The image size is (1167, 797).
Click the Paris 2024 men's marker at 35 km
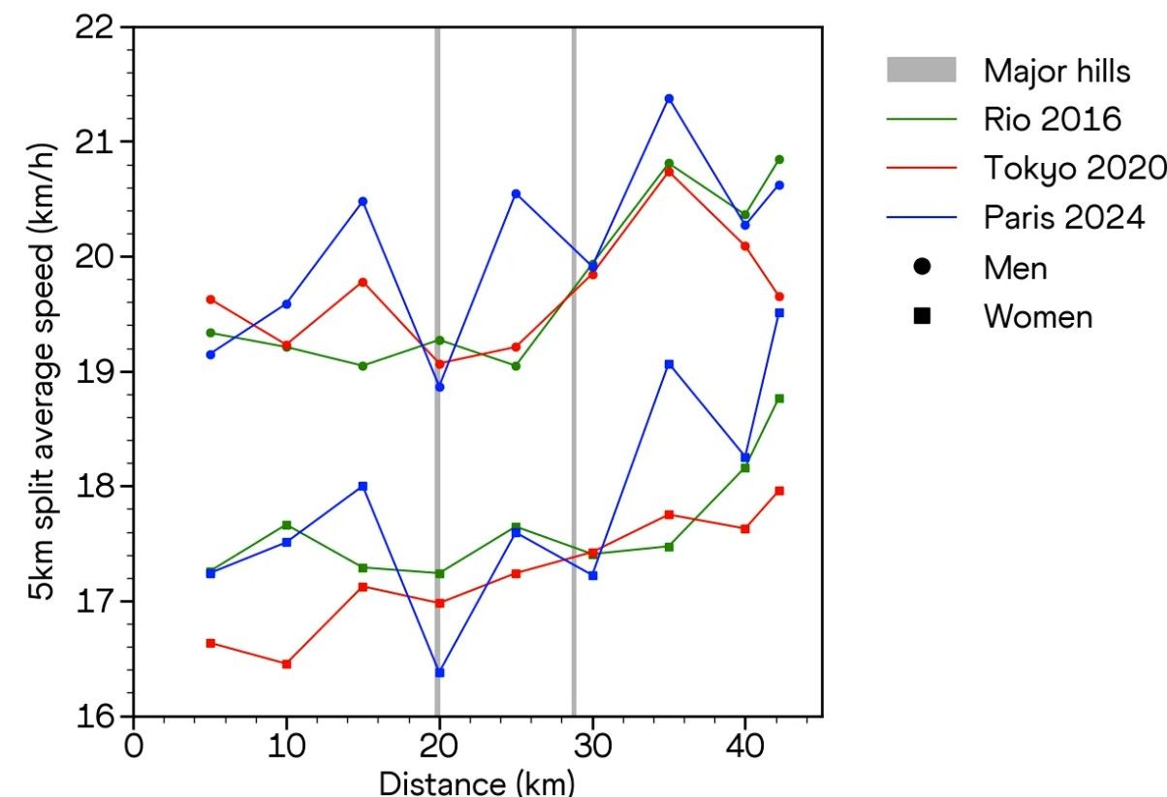(669, 98)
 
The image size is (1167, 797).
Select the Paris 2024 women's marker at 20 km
(439, 672)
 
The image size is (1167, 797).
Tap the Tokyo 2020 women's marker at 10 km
(286, 664)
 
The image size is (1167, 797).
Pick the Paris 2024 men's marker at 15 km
(363, 201)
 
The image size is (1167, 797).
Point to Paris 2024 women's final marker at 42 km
(778, 312)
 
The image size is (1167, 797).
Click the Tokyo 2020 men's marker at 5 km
(210, 300)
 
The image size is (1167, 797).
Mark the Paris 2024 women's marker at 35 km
(669, 364)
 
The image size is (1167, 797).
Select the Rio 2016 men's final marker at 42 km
(778, 159)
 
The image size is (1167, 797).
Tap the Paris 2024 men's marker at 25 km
(516, 194)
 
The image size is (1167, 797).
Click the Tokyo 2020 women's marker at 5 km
(210, 643)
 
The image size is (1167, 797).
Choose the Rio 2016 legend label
(1053, 119)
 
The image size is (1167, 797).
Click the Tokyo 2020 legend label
(1073, 169)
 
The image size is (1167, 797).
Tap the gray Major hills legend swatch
(921, 70)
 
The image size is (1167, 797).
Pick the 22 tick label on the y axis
(94, 28)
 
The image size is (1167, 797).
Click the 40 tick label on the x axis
(745, 748)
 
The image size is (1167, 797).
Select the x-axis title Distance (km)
(477, 781)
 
